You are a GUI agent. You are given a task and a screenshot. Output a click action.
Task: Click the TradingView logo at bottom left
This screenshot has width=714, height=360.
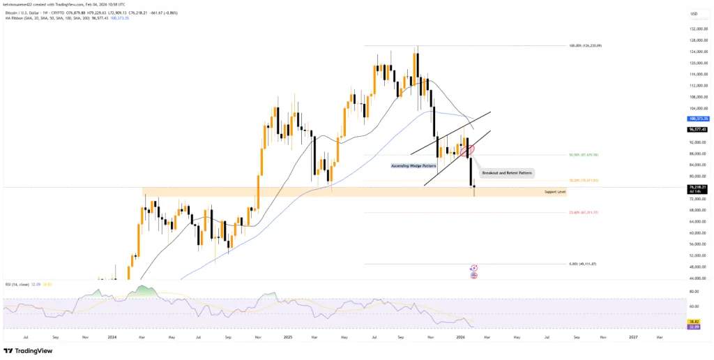point(27,351)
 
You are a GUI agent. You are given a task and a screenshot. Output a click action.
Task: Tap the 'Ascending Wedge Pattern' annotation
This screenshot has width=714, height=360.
point(413,166)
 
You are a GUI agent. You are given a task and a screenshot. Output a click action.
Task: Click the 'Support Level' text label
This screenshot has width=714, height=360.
point(554,191)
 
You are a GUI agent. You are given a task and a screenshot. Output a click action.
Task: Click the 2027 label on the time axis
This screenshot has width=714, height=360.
point(632,337)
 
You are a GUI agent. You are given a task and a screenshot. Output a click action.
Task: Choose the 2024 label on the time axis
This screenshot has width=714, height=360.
point(112,337)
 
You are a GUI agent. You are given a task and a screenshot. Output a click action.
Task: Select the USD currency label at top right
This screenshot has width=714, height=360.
point(694,13)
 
